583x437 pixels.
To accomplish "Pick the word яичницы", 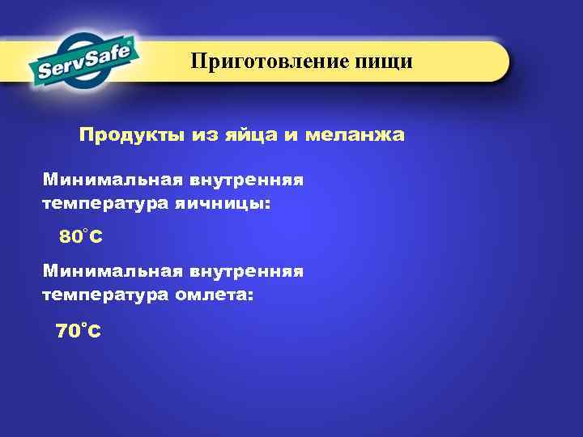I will coord(223,204).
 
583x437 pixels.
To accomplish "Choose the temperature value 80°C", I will coord(80,238).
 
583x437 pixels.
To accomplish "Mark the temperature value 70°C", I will coord(78,330).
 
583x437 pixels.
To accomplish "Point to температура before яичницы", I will coord(104,204).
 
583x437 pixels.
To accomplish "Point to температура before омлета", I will coord(104,296).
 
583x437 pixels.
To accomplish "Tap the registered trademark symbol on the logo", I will coord(132,37).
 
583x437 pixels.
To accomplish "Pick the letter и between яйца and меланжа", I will coord(289,135).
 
